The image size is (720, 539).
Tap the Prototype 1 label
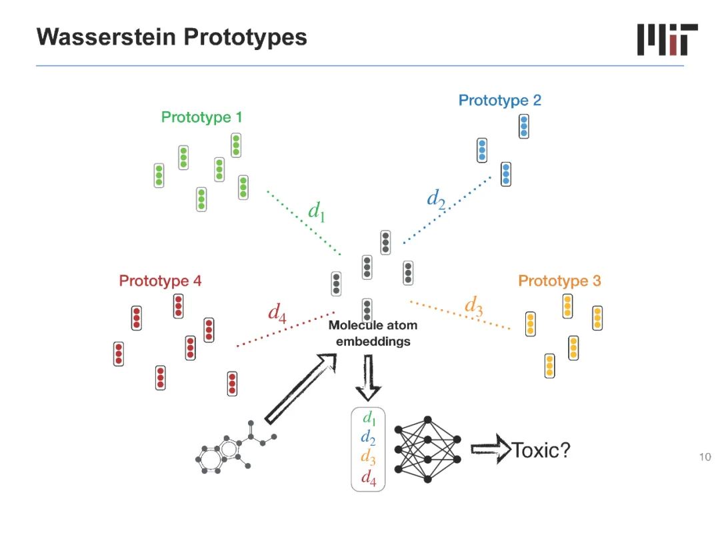point(201,118)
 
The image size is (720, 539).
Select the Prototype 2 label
point(499,101)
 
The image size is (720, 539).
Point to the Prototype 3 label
point(559,281)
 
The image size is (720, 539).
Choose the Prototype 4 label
point(160,281)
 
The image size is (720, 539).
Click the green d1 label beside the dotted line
point(316,211)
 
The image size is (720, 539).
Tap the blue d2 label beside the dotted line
point(436,198)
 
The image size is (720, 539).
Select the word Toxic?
point(541,450)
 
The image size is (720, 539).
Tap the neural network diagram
point(428,450)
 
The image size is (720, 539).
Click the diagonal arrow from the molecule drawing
point(300,388)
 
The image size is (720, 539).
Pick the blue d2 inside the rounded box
point(367,437)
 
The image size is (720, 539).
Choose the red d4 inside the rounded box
point(368,476)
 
